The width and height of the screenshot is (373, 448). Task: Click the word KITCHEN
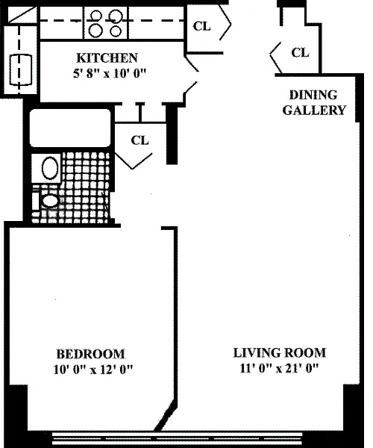pos(107,58)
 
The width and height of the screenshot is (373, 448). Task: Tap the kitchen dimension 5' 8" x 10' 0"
pos(110,73)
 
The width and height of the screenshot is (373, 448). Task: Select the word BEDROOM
pos(91,354)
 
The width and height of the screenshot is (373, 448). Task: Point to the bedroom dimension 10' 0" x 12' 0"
pos(93,370)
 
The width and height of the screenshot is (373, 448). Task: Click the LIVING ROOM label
pos(280,353)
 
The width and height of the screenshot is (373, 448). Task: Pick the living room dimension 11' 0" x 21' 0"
pos(279,368)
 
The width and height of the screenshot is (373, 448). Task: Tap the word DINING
pos(313,95)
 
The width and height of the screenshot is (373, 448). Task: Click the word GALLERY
pos(314,111)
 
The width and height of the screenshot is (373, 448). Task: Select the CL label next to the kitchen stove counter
pos(201,26)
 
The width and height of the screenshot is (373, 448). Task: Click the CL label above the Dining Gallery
pos(300,52)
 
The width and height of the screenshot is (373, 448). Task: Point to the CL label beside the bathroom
pos(140,140)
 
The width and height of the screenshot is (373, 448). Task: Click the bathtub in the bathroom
pos(70,128)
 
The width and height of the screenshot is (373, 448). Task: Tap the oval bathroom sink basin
pos(50,168)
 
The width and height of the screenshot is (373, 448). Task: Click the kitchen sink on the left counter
pos(20,69)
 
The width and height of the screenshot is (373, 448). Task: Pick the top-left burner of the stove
pos(96,16)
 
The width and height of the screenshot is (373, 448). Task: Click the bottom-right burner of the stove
pos(116,31)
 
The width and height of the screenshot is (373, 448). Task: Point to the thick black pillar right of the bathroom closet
pos(172,134)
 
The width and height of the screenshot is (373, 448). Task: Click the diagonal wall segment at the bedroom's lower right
pos(166,414)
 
